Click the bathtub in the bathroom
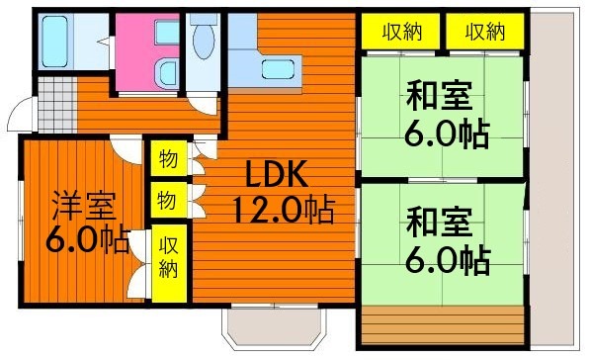[x=54, y=42]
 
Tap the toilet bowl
[x=204, y=39]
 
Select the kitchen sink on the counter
[x=278, y=69]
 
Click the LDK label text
[x=277, y=174]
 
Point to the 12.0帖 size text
[x=284, y=210]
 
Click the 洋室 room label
[x=84, y=206]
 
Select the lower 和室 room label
[x=440, y=224]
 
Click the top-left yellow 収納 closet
[x=401, y=32]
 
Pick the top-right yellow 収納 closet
[x=485, y=32]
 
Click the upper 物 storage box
[x=169, y=158]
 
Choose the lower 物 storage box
[x=169, y=201]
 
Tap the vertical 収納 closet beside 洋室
[x=169, y=263]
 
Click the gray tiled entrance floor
[x=57, y=105]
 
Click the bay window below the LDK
[x=275, y=325]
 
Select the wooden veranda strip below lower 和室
[x=444, y=324]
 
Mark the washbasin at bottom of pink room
[x=167, y=73]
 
